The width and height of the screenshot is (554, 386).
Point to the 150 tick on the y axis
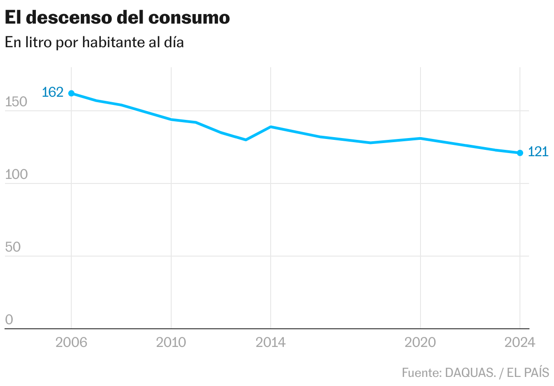[16, 103]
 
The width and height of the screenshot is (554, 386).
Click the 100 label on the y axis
[16, 175]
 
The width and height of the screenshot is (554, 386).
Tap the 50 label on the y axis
[13, 247]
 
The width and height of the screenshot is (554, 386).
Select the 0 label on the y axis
[9, 320]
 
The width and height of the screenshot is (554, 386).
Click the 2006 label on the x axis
[71, 342]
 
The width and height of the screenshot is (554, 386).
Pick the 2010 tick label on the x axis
[171, 342]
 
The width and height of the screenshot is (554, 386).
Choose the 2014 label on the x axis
[271, 342]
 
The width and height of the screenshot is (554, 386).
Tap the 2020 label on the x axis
[420, 342]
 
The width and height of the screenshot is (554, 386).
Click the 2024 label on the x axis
[520, 342]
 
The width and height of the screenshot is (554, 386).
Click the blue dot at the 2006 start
[71, 93]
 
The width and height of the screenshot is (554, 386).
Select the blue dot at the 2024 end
[520, 153]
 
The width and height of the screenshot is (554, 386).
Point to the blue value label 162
[52, 93]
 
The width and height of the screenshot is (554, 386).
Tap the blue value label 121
[539, 152]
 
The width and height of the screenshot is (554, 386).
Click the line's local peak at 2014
[271, 127]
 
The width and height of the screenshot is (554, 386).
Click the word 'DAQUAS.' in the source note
[470, 373]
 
